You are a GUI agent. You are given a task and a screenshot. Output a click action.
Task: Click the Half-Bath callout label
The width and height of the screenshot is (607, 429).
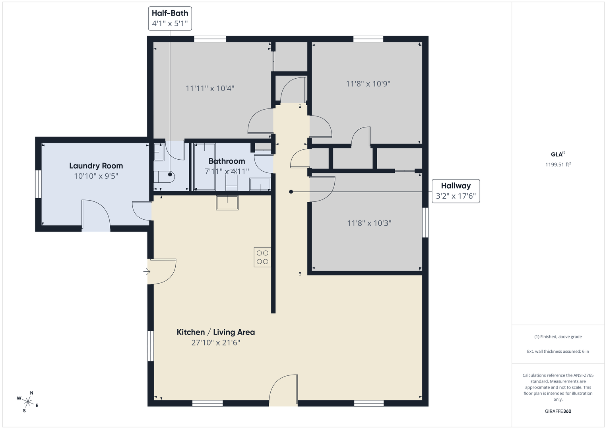click(x=170, y=18)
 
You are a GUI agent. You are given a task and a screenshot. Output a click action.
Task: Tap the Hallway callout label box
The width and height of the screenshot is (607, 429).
click(x=456, y=191)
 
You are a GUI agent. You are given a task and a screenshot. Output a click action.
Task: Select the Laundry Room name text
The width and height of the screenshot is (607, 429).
click(x=96, y=166)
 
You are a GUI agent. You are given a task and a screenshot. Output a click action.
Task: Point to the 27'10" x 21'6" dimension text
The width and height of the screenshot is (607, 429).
click(x=216, y=342)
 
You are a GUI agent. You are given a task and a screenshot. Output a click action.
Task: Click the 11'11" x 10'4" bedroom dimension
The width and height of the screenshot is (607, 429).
click(x=210, y=88)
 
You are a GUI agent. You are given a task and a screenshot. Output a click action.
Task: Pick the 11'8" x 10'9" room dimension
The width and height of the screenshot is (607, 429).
click(x=368, y=84)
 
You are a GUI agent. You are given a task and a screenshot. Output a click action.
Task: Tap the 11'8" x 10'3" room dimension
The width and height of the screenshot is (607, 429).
click(x=369, y=223)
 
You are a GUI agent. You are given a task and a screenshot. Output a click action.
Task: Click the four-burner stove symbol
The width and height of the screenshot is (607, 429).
click(x=262, y=257)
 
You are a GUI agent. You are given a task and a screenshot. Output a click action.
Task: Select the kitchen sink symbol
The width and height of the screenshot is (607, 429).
click(x=227, y=203)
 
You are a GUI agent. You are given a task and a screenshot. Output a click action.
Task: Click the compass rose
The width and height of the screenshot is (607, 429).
click(x=28, y=402)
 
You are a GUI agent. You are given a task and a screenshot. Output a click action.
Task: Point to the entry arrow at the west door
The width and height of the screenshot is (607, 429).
click(x=147, y=271)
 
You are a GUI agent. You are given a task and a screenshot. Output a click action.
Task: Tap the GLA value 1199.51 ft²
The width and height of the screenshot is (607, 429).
click(x=558, y=164)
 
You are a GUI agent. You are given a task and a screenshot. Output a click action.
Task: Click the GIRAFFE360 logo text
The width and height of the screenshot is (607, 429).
click(x=558, y=411)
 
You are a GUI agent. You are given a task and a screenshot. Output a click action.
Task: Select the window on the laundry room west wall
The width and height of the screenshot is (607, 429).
click(x=38, y=184)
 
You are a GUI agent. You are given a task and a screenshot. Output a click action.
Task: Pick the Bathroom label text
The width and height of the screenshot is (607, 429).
click(x=227, y=161)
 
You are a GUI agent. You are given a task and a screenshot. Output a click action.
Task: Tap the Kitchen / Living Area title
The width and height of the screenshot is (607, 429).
click(x=216, y=332)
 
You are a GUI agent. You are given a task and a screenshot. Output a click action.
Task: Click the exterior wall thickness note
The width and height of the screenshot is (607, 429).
click(x=558, y=351)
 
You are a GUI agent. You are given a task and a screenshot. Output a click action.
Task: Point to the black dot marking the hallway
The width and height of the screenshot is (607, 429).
click(x=291, y=192)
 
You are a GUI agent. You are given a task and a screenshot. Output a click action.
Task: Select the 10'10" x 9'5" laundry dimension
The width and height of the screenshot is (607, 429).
click(x=96, y=176)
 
